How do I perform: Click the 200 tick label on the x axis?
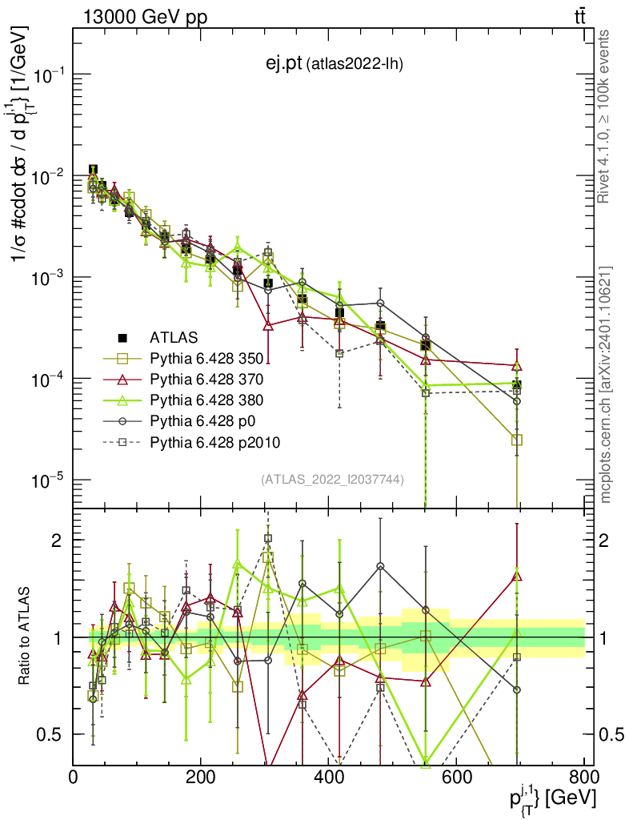coord(201,777)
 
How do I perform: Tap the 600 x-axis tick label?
coord(456,777)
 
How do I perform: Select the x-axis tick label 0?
coord(74,777)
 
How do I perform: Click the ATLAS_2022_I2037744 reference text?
coord(331,480)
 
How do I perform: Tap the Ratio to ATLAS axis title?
coord(26,637)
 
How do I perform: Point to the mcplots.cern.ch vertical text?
coord(606,384)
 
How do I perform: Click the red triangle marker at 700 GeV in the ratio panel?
coord(517,575)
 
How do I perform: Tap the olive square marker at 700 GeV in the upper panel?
coord(517,440)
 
